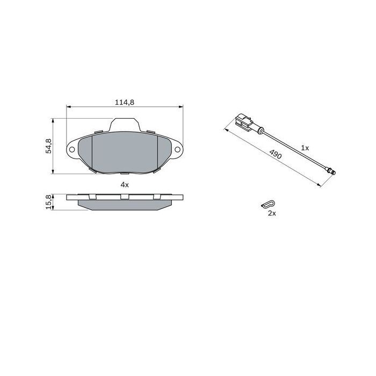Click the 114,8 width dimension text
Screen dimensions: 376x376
click(x=124, y=102)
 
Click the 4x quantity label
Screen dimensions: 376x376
click(x=124, y=184)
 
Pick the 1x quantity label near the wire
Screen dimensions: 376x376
click(x=305, y=147)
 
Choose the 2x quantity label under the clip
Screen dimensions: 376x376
click(x=272, y=213)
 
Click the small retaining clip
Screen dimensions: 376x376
click(x=268, y=204)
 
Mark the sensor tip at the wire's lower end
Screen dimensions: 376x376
click(x=332, y=172)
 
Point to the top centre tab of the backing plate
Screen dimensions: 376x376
click(x=127, y=125)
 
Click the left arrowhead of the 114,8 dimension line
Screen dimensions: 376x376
click(x=68, y=107)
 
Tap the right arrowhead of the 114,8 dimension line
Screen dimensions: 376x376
click(x=182, y=107)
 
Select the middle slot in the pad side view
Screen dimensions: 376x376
click(x=125, y=197)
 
